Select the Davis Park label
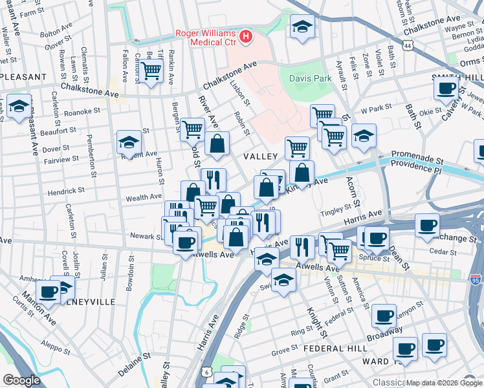(310, 78)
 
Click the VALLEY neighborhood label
(260, 156)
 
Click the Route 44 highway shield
(406, 46)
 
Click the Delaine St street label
(134, 366)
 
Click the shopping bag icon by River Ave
(217, 145)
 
